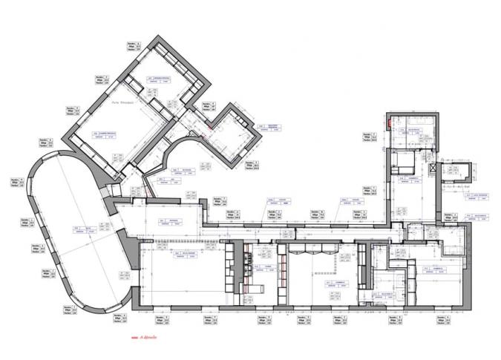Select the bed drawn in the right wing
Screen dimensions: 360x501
[405, 163]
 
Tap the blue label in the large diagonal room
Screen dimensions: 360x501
[104, 135]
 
